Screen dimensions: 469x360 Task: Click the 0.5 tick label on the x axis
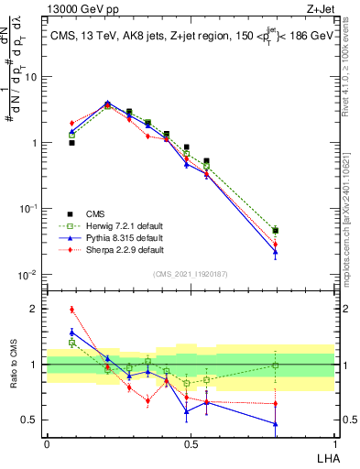(191, 443)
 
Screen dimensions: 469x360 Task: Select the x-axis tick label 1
(334, 443)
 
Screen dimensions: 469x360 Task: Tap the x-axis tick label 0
(47, 443)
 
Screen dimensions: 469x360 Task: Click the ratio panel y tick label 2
(35, 309)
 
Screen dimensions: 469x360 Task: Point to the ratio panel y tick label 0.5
(30, 420)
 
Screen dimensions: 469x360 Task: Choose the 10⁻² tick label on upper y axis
(29, 275)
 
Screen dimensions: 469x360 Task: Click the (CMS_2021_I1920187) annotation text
(191, 272)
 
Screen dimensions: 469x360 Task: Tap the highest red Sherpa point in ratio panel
(71, 310)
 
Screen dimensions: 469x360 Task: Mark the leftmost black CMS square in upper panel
(71, 143)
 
